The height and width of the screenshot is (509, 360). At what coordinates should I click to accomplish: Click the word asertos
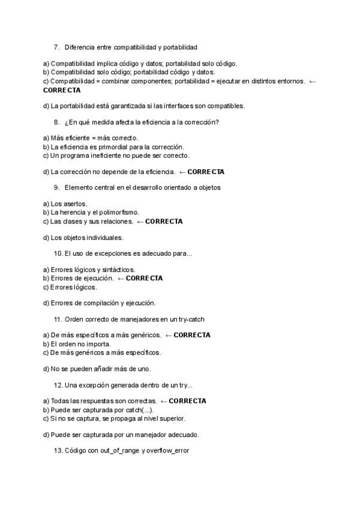coord(76,203)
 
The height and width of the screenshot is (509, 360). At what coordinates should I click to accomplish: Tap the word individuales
coord(100,237)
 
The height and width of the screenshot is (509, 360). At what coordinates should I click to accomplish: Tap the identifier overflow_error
coord(168,450)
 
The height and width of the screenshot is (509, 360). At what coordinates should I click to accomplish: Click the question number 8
coord(56,122)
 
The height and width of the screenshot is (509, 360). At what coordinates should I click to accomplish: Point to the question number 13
coord(58,450)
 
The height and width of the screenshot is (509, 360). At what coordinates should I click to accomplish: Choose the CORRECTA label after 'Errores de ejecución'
coord(144,279)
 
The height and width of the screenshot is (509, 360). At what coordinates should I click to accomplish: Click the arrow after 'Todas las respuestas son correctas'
coord(163,401)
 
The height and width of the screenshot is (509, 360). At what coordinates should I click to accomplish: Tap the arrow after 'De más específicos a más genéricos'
coord(168,335)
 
